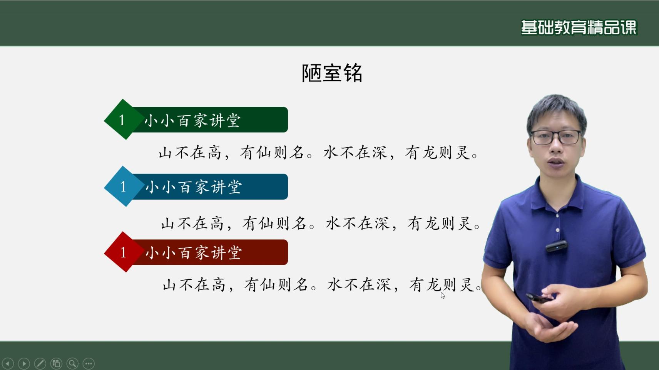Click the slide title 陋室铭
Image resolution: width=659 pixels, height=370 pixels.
[x=332, y=73]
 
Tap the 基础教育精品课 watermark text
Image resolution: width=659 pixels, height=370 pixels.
[x=579, y=27]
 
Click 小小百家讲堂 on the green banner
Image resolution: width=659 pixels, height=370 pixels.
[x=193, y=121]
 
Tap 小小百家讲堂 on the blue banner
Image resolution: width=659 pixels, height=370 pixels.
[x=194, y=187]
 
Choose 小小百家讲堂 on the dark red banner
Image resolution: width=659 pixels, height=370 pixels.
[x=194, y=253]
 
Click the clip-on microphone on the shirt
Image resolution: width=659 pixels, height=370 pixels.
[x=556, y=246]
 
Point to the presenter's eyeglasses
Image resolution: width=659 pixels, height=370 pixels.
[x=556, y=137]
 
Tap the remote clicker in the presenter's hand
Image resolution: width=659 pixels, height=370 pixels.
[x=539, y=298]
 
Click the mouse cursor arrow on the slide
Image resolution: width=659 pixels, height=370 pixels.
[x=443, y=296]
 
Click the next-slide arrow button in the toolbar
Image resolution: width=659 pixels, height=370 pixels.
[x=24, y=363]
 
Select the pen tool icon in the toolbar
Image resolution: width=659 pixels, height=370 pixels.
[x=40, y=363]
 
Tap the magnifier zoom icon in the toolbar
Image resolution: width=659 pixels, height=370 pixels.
[x=72, y=363]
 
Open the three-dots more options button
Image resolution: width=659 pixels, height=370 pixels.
[x=89, y=363]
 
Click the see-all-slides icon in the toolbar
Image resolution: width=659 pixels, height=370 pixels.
[x=56, y=363]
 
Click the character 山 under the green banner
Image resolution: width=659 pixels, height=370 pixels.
[x=165, y=153]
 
